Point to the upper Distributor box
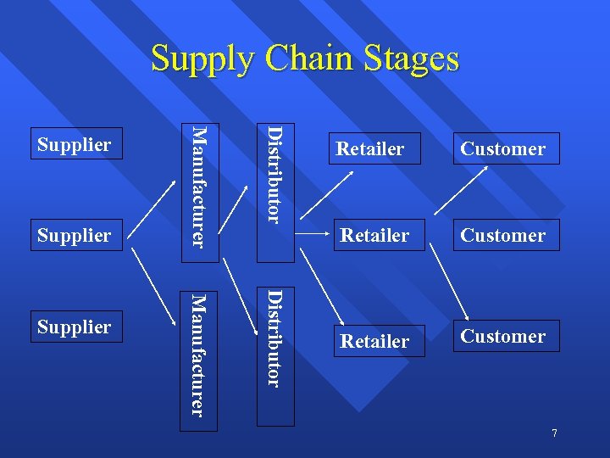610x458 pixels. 275,176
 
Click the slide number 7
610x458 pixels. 554,433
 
